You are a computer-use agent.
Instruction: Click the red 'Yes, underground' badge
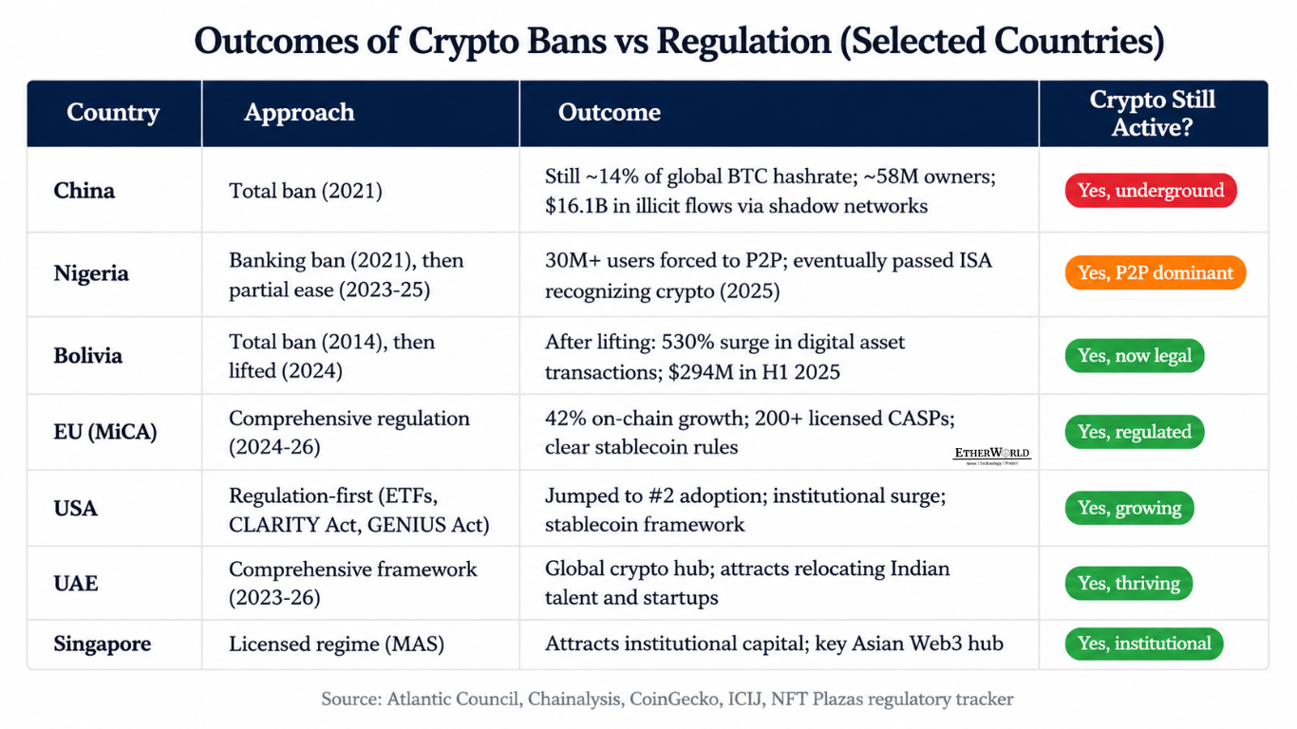point(1151,191)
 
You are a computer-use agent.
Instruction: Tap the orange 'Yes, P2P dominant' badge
point(1156,272)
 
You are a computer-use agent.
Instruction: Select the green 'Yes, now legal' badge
point(1135,356)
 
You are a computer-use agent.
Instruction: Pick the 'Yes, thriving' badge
point(1129,583)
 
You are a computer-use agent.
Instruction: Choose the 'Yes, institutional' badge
point(1143,644)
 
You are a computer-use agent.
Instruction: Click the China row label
point(84,191)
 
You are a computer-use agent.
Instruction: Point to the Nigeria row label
point(91,272)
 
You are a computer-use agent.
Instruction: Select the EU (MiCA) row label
point(104,432)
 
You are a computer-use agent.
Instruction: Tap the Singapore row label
point(102,644)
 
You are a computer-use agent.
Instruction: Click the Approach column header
point(299,112)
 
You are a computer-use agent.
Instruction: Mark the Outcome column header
point(610,112)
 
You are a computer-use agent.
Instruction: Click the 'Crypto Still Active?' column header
point(1153,114)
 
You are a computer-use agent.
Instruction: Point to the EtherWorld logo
point(992,455)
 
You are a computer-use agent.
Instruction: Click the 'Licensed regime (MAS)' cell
point(336,644)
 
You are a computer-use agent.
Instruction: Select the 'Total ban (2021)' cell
point(305,191)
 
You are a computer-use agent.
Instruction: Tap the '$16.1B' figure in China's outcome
point(576,206)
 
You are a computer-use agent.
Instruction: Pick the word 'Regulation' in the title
point(743,41)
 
